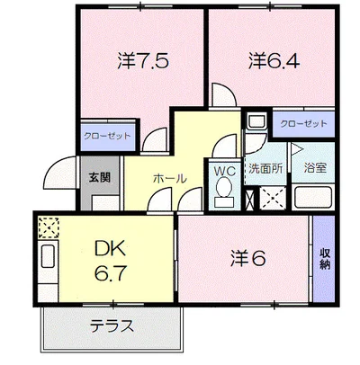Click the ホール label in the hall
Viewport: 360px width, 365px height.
[x=169, y=179]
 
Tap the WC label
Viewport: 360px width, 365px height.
[x=222, y=168]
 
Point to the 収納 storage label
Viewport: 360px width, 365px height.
[x=324, y=258]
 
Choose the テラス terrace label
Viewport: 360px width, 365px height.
[x=112, y=326]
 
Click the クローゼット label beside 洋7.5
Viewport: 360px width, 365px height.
[x=107, y=136]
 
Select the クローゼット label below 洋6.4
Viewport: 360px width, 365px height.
[x=303, y=123]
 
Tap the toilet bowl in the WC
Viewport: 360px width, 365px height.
[x=222, y=191]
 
